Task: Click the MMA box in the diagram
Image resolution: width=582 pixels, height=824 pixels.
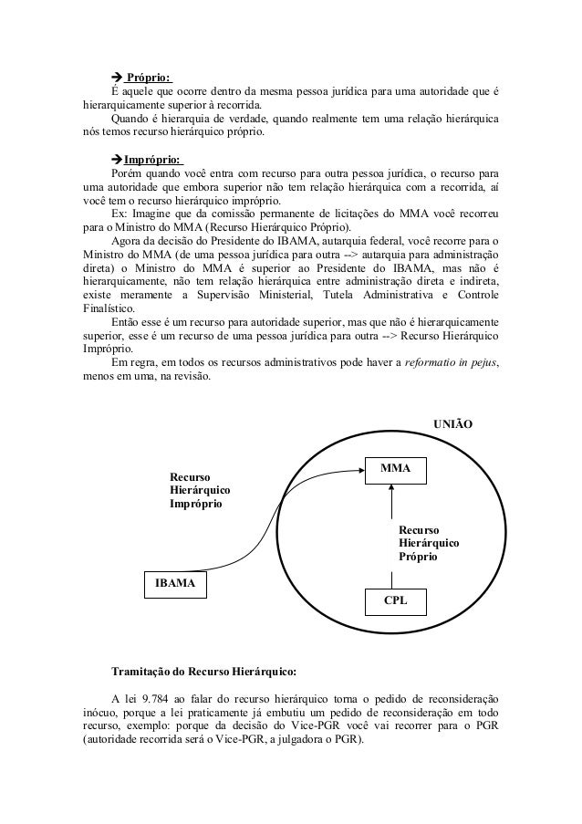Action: [396, 469]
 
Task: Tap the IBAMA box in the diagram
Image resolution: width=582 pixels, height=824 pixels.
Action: [173, 583]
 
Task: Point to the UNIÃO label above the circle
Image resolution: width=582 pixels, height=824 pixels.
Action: [453, 424]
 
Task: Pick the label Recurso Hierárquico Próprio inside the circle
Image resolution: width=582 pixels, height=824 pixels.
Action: [429, 542]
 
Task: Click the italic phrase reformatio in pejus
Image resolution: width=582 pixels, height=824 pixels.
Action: [433, 363]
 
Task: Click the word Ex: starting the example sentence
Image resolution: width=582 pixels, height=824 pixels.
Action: [119, 214]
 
